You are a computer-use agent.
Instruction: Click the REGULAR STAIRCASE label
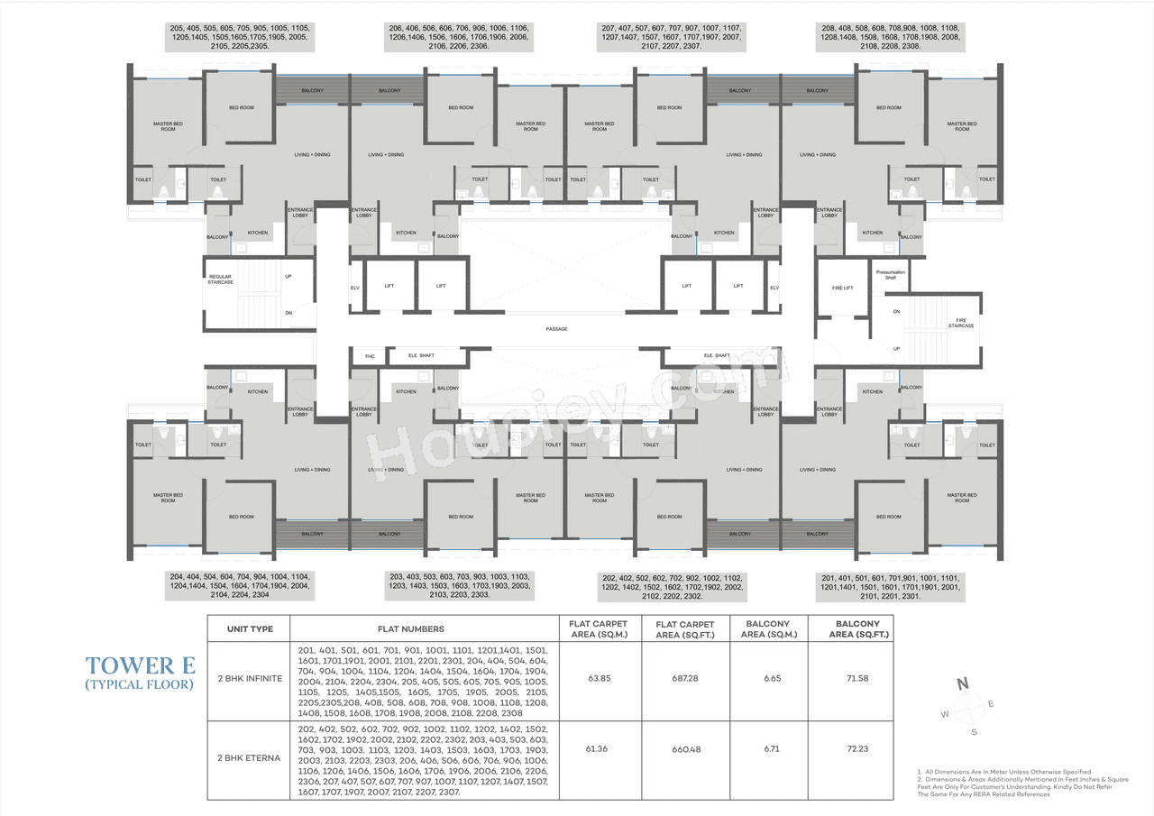coord(221,279)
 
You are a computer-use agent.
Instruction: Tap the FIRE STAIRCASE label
coord(960,322)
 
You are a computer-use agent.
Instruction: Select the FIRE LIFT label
coord(842,288)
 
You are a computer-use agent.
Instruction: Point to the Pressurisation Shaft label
coord(890,274)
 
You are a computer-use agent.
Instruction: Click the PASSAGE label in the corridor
coord(556,329)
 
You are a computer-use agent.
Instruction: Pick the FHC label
coord(369,355)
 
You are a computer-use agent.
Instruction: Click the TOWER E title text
coord(140,665)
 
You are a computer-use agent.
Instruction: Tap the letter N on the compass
coord(963,683)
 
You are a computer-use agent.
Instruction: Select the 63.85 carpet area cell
coord(600,678)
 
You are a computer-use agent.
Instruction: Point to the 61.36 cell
coord(600,748)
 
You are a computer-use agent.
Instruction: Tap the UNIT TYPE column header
coord(249,628)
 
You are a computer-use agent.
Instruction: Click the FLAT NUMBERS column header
coord(424,628)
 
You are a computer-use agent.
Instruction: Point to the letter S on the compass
coord(974,732)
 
